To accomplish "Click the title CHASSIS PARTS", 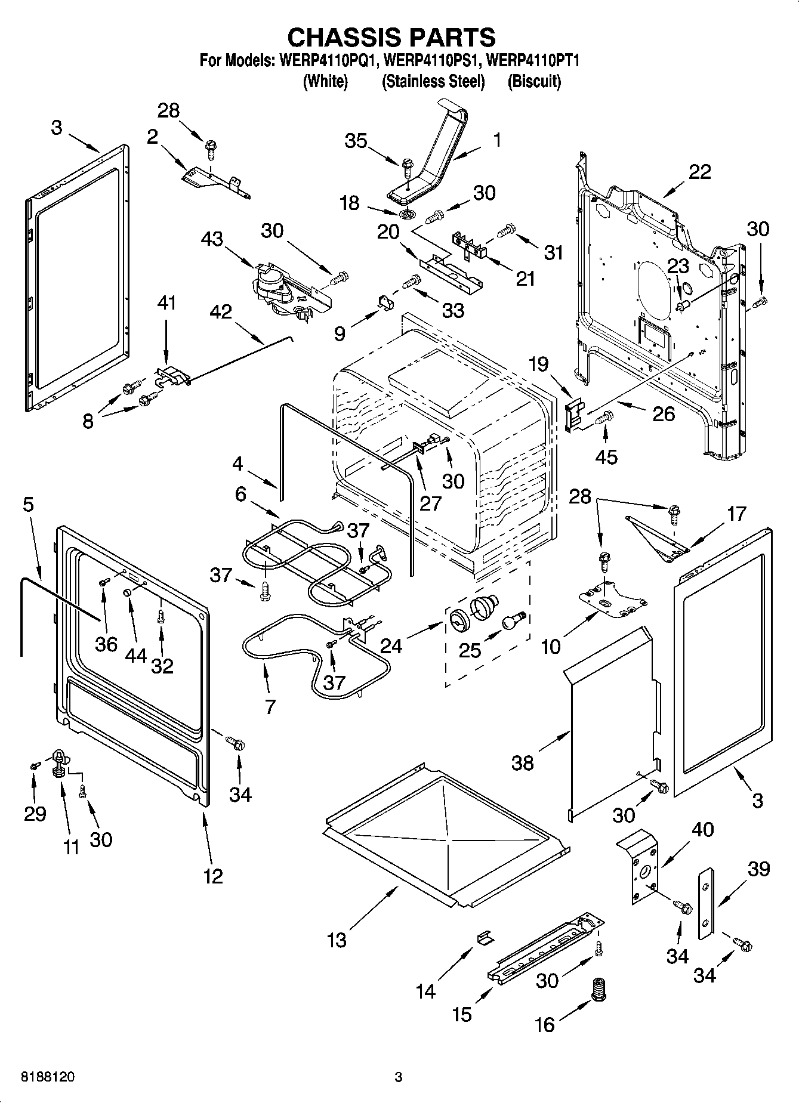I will pos(391,37).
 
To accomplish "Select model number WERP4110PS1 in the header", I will pos(434,61).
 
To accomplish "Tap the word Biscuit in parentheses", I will pos(534,82).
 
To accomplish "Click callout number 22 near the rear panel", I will pos(699,172).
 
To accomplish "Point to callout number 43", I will pos(212,239).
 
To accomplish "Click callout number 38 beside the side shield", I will pos(523,762).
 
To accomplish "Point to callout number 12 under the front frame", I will pos(213,876).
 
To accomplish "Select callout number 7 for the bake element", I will pos(270,707).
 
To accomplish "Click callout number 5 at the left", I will pos(28,505).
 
